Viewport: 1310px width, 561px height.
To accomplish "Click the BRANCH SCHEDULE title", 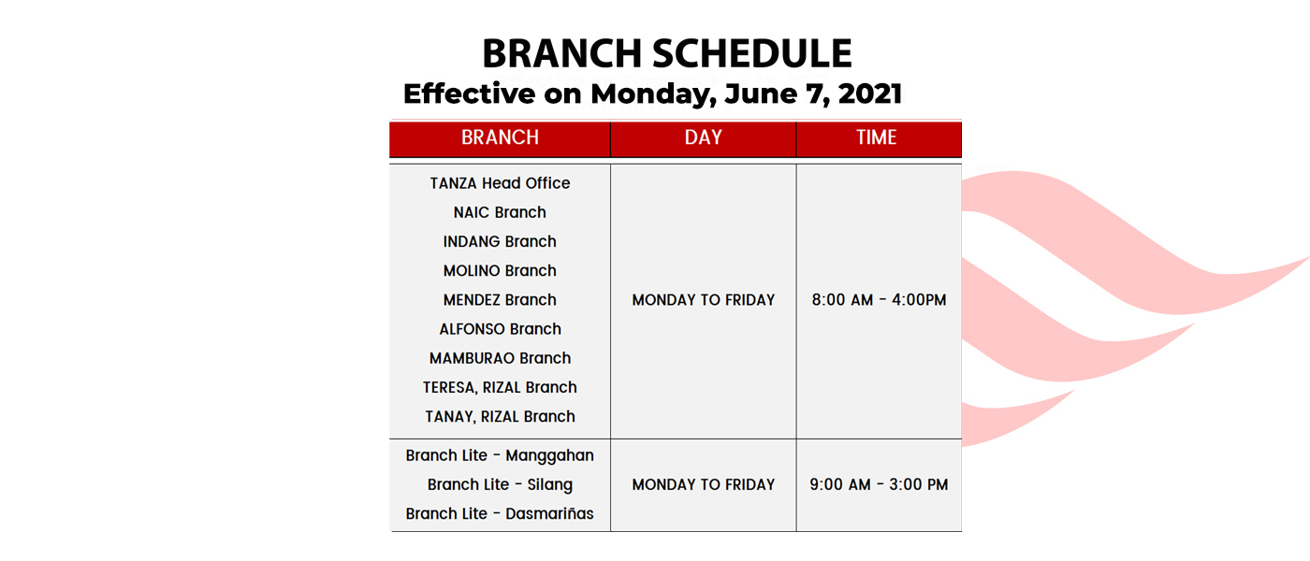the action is (x=666, y=54).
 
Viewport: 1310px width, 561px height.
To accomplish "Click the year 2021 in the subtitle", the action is (x=870, y=93).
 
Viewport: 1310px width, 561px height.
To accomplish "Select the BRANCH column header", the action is (x=500, y=137).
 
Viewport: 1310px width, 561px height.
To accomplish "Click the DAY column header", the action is (x=703, y=137).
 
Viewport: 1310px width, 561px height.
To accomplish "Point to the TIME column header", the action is (x=876, y=137).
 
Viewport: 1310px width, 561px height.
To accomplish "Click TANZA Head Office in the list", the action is (x=500, y=183).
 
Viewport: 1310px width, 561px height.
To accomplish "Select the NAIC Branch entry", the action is (x=500, y=212).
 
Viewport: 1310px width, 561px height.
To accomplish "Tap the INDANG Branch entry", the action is (x=500, y=241).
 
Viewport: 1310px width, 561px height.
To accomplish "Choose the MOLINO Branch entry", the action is (x=500, y=270).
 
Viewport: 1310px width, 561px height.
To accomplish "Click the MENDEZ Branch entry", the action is (x=500, y=300).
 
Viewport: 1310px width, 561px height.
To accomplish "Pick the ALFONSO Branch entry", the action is (x=500, y=329).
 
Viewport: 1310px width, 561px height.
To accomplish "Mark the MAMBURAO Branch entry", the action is (x=500, y=358).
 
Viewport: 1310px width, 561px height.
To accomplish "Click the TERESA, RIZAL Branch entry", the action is (x=500, y=387).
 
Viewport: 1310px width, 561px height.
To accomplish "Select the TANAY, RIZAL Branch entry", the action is (x=500, y=417).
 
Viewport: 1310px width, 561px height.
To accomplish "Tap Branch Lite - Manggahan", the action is (x=500, y=456).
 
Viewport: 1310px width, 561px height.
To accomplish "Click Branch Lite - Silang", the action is (x=500, y=485).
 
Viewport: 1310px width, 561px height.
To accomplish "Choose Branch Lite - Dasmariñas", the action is (x=500, y=513).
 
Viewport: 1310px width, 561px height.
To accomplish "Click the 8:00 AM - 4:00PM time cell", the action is (x=879, y=300).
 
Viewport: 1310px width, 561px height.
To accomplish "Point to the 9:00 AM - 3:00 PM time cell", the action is (x=879, y=484).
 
